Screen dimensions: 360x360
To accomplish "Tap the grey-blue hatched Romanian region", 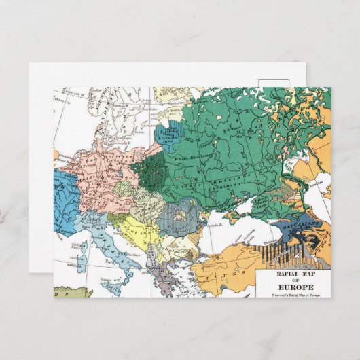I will (x=179, y=217).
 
